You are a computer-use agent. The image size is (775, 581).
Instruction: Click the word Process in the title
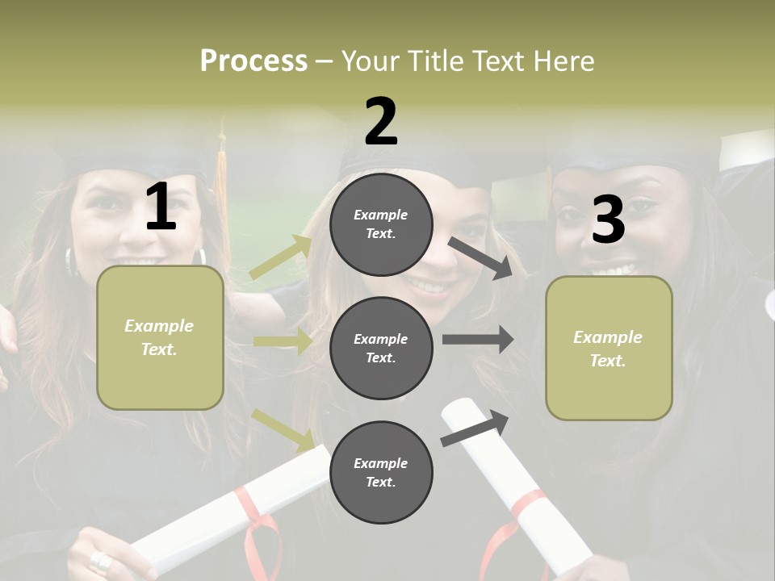click(253, 61)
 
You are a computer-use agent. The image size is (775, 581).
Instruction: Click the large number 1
click(161, 207)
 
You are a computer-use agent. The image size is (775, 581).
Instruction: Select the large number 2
click(381, 122)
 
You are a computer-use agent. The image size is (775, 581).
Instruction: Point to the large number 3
click(608, 220)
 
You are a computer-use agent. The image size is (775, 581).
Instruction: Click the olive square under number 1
click(160, 337)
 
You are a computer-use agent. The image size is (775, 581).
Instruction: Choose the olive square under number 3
click(609, 348)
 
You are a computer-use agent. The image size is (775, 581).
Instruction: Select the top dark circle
click(381, 224)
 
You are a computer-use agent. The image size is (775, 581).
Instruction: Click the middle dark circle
click(381, 348)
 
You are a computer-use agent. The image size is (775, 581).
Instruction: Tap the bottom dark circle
click(381, 472)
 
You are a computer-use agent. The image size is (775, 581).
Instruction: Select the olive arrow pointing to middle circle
click(283, 341)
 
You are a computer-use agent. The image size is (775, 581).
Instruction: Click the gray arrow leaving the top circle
click(481, 258)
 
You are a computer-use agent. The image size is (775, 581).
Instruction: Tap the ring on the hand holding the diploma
click(101, 562)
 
